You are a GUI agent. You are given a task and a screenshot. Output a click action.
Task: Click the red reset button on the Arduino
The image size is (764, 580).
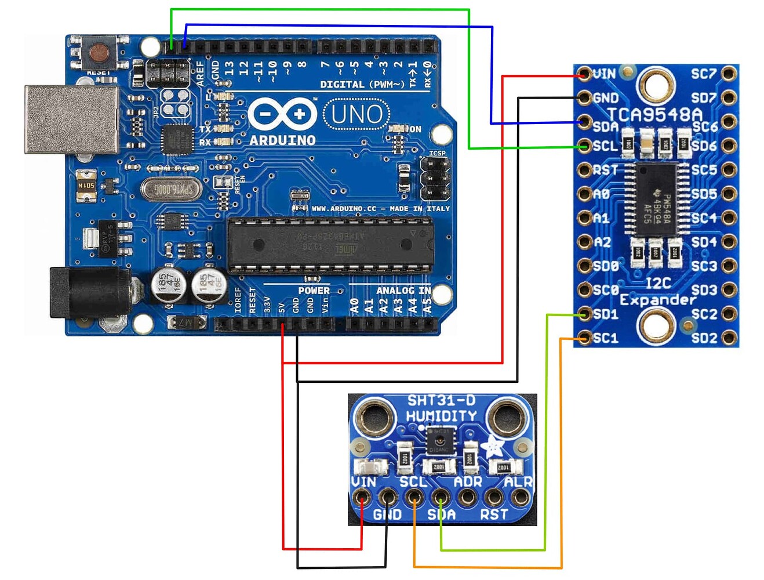pos(100,52)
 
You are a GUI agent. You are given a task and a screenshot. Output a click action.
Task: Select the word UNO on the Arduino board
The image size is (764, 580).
pos(356,115)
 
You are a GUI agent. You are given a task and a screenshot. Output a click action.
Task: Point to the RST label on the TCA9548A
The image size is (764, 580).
pos(605,170)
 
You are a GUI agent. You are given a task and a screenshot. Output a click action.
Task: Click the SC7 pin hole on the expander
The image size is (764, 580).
pos(729,74)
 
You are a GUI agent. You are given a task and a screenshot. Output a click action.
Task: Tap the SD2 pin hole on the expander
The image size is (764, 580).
pos(729,338)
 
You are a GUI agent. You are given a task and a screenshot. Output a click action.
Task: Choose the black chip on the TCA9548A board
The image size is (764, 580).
pos(657,198)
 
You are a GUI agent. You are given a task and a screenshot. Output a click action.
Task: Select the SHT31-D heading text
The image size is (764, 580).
pos(441,400)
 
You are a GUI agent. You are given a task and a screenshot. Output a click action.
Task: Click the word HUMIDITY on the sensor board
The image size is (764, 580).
pos(441,416)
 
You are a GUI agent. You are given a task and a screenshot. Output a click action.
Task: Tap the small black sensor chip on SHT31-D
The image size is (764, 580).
pos(440,440)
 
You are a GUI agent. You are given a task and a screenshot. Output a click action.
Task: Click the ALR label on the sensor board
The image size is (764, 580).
pos(518,482)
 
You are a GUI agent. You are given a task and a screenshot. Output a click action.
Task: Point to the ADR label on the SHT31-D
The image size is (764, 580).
pos(468,482)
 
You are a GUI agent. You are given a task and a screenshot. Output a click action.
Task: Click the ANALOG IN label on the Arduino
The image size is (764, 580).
pos(403,291)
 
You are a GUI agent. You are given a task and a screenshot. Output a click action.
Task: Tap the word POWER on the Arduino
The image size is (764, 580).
pos(314,291)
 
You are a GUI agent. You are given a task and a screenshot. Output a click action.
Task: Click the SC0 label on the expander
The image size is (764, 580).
pos(606,289)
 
